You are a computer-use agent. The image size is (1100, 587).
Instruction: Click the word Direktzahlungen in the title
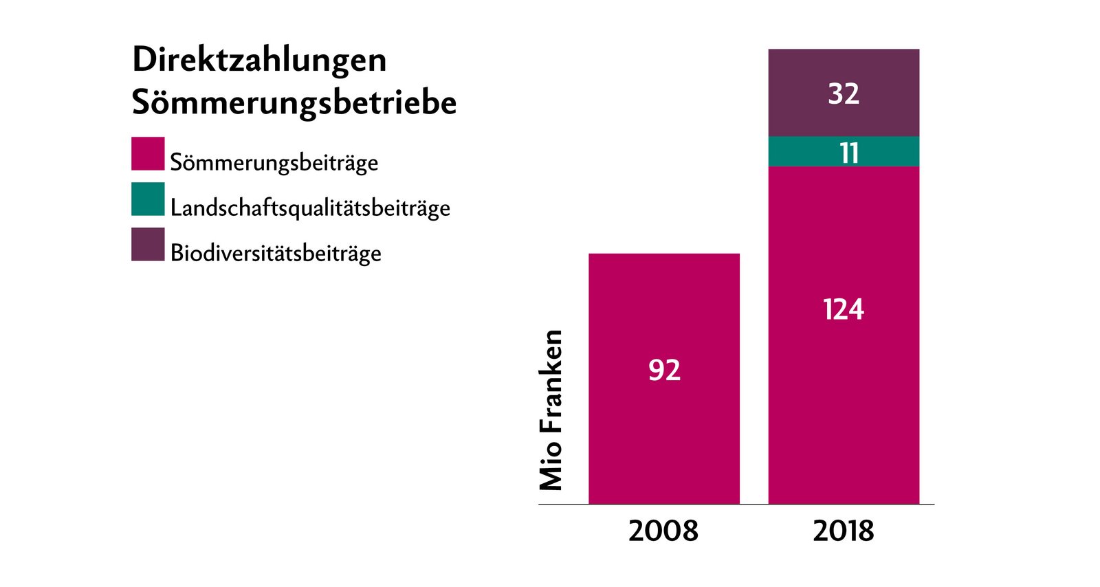coord(259,60)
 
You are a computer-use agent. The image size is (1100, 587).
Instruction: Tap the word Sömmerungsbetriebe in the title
coord(294,103)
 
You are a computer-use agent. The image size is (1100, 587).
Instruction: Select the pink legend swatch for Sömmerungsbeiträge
coord(148,153)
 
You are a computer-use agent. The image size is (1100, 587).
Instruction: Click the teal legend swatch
coord(148,199)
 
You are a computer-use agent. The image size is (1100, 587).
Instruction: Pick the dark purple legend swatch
coord(148,244)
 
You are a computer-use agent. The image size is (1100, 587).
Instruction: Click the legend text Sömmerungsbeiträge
coord(274,163)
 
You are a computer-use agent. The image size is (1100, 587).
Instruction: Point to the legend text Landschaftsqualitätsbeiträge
coord(310,208)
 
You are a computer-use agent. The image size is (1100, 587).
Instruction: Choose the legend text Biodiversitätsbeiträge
coord(276,254)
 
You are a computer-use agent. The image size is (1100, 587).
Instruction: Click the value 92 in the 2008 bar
coord(664,370)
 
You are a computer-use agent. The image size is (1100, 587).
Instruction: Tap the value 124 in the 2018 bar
coord(844,310)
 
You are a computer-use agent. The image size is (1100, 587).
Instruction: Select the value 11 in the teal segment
coord(849,153)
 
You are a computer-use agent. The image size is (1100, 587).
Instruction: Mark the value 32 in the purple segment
coord(844,93)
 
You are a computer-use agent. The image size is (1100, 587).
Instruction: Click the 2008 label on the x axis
coord(663,531)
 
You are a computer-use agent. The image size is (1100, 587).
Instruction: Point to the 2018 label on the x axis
coord(844,531)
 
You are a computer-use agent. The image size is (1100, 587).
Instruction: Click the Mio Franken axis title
coord(551,410)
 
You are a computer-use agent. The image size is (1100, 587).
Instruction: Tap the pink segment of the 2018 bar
coord(844,412)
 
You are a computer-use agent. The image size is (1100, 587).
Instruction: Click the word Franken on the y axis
coord(551,381)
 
